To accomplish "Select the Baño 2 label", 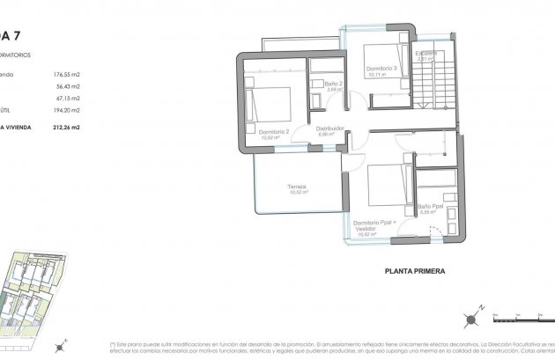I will pos(333,84).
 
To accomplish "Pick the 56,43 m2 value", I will pos(67,87).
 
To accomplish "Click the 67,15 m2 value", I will pos(67,99).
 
